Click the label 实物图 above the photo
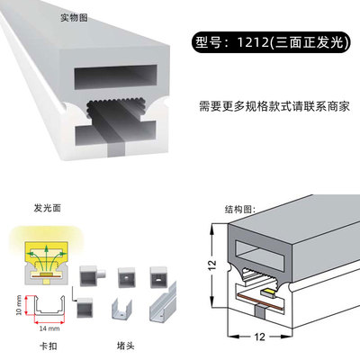point(74,17)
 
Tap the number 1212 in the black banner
point(253,42)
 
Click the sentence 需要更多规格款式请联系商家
point(274,106)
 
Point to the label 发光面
point(48,208)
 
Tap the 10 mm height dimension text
point(19,305)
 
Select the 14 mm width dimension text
point(49,328)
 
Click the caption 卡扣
point(49,346)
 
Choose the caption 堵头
point(125,346)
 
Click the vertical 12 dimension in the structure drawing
point(211,265)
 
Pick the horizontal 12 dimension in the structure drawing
point(260,337)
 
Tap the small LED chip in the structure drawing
point(268,292)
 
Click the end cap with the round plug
point(92,276)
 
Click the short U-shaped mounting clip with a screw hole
point(121,309)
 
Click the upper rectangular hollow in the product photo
point(116,77)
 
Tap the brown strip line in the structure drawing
point(260,302)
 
